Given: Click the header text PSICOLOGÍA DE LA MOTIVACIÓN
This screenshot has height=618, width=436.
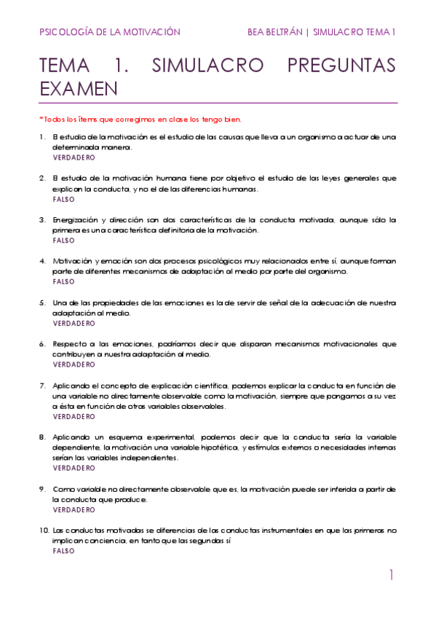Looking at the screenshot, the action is point(109,32).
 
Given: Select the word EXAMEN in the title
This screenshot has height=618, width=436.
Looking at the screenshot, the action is point(79,89).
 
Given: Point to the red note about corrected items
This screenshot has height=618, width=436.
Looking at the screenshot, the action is point(140,120).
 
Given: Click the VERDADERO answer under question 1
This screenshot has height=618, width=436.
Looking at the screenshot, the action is point(74,157).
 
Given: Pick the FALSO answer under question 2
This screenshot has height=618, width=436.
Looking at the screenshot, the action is point(64,199).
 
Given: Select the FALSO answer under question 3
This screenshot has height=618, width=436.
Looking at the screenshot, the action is point(64,240).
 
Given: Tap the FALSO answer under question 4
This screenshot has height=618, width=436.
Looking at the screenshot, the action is point(64,281).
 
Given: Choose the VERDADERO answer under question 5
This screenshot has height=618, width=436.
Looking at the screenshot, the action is point(74,323).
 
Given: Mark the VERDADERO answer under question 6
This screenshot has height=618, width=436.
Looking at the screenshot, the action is point(74,364).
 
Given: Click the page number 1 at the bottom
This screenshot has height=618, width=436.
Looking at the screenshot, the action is point(391,576).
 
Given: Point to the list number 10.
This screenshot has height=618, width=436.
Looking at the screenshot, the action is point(44,531).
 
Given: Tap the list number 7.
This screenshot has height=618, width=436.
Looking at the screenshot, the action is point(42,385).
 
